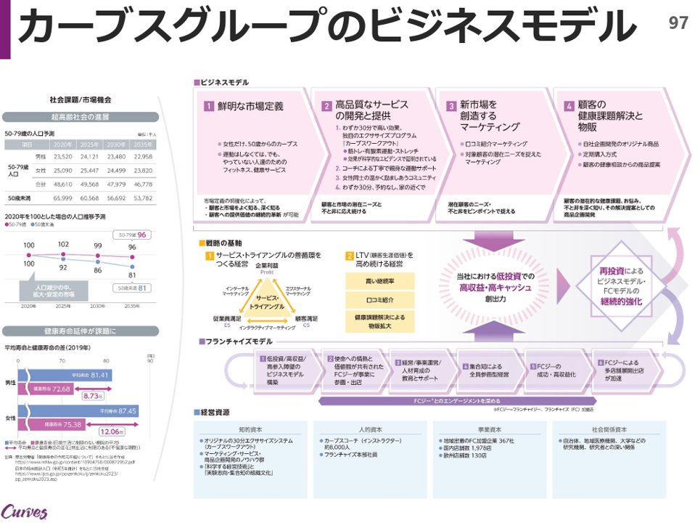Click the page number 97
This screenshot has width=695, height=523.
point(678,23)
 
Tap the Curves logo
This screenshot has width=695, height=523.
point(24,511)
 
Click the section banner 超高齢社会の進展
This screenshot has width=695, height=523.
point(81,116)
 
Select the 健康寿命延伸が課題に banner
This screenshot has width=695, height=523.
point(81,331)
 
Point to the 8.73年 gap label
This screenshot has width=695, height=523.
point(95,397)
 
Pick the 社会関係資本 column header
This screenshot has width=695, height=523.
point(609,429)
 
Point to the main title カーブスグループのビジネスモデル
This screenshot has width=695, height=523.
point(326,28)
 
